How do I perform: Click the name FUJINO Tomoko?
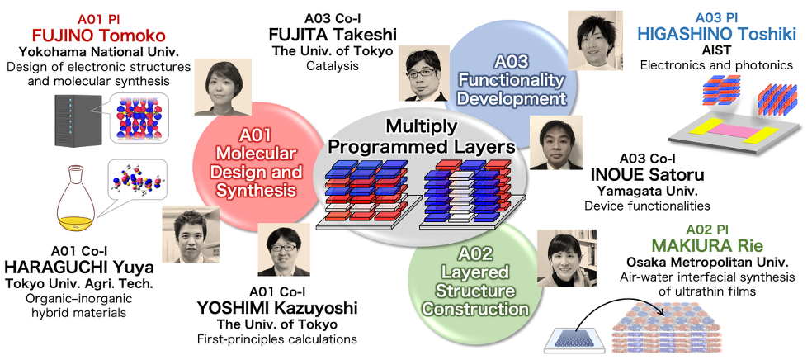pos(92,36)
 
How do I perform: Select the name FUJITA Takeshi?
pos(333,35)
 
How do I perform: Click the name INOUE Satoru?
pos(647,174)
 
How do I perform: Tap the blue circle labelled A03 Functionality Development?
pos(510,79)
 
